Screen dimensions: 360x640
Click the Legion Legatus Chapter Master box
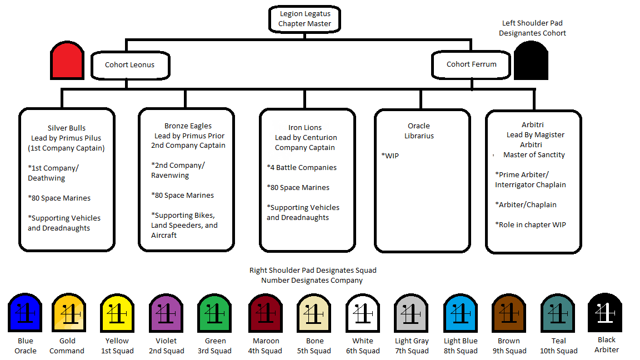tap(304, 19)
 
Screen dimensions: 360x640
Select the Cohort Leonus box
tap(130, 64)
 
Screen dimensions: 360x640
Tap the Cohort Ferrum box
tap(471, 64)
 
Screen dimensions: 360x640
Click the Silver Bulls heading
tap(67, 128)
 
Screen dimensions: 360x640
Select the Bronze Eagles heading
tap(188, 126)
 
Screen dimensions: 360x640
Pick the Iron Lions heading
tap(305, 127)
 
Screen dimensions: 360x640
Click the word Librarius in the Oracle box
tap(419, 136)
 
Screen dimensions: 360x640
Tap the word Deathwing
tap(47, 178)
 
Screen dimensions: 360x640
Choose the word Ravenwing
tap(170, 175)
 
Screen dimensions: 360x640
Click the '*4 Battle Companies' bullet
tap(302, 167)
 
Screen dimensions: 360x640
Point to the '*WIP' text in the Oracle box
tap(390, 156)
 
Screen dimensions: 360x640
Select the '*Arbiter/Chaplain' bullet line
tap(526, 204)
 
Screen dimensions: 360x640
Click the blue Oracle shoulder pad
tap(25, 312)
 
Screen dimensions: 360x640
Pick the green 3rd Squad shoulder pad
tap(215, 313)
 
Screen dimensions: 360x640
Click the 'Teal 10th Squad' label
tap(559, 346)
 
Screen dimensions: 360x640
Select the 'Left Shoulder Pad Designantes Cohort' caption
tap(532, 28)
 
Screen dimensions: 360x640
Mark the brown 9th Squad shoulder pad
tap(509, 313)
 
